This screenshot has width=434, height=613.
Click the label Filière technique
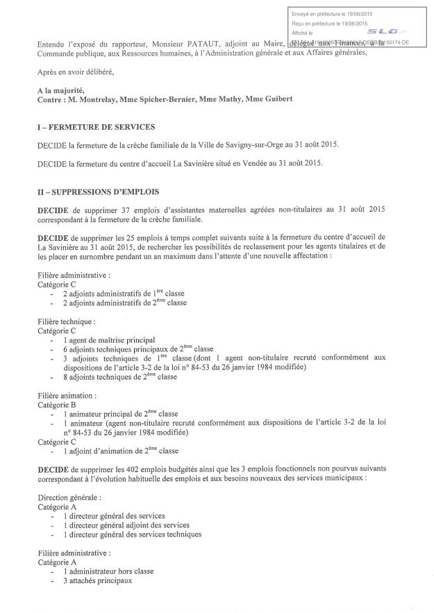click(66, 322)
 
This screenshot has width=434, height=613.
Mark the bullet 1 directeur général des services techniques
click(132, 534)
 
